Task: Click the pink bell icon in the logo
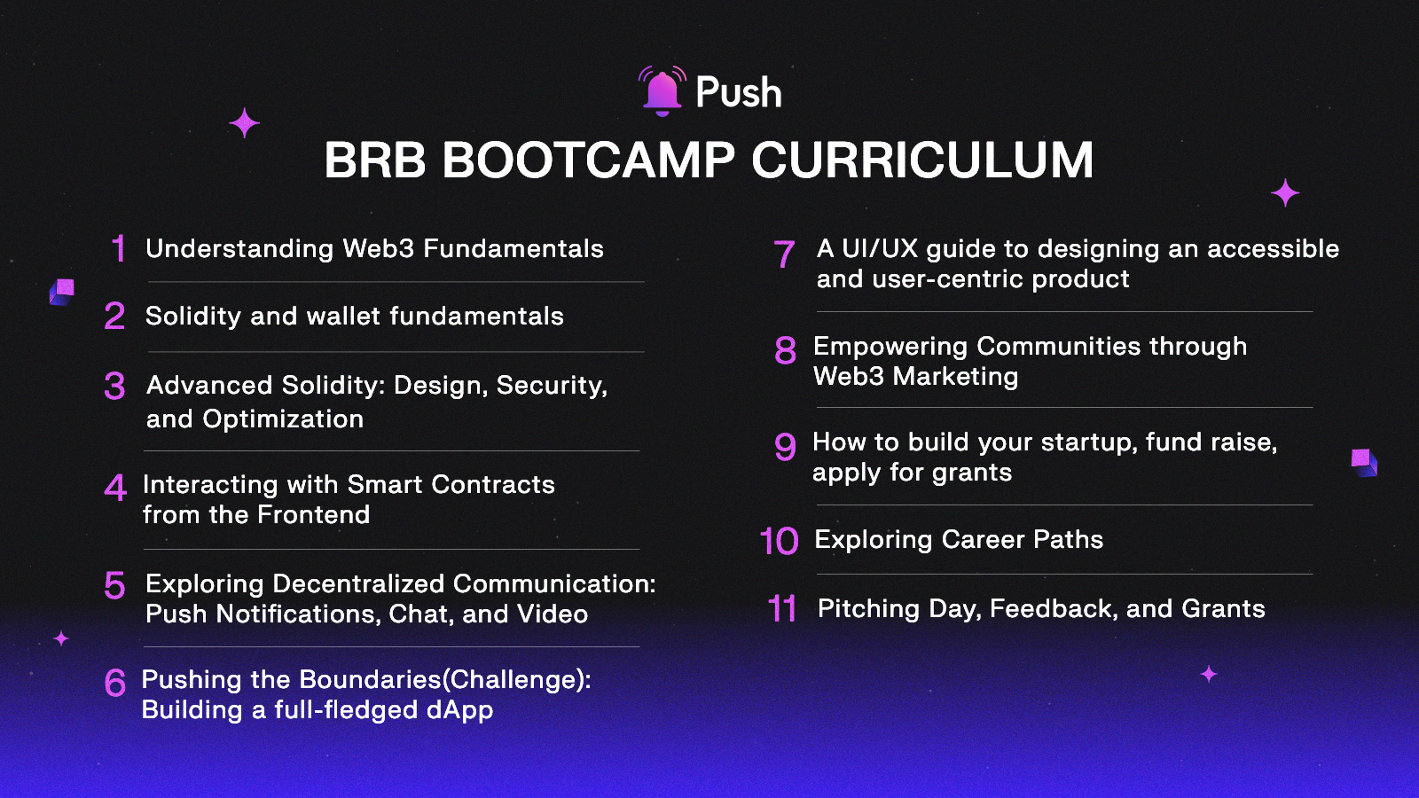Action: click(662, 92)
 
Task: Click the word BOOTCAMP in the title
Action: click(588, 160)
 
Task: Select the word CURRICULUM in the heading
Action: click(922, 160)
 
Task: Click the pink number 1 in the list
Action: click(118, 249)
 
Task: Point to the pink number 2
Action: click(114, 317)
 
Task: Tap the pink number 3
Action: click(114, 386)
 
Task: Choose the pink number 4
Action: click(115, 487)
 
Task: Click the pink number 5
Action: click(114, 585)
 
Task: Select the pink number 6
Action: click(115, 683)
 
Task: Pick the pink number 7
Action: click(784, 254)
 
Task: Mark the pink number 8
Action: click(785, 351)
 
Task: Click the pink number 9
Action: click(785, 446)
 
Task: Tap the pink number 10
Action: click(779, 542)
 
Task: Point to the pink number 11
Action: click(781, 609)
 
